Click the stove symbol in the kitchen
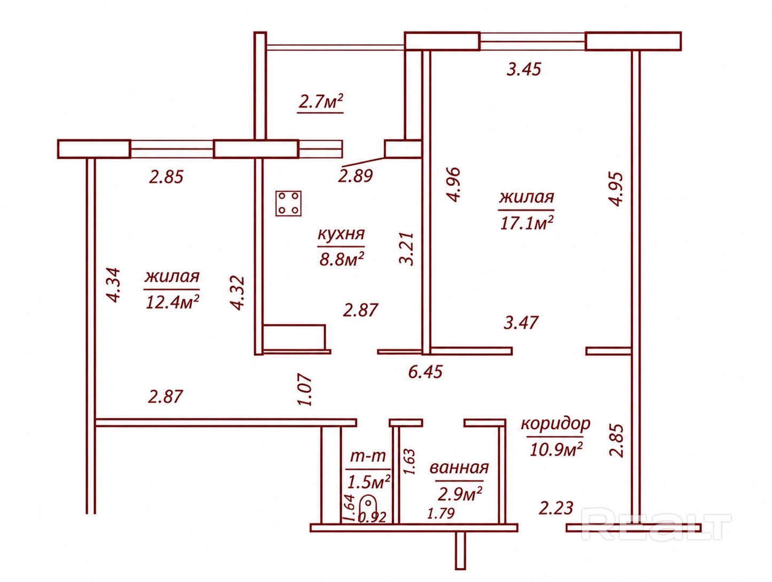pyautogui.click(x=288, y=203)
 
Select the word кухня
pyautogui.click(x=341, y=234)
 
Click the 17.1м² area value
pyautogui.click(x=526, y=222)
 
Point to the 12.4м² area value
pyautogui.click(x=172, y=301)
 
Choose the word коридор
pyautogui.click(x=555, y=424)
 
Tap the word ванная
pyautogui.click(x=459, y=468)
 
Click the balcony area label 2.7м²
pyautogui.click(x=320, y=102)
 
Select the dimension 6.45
pyautogui.click(x=425, y=371)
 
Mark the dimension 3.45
pyautogui.click(x=523, y=69)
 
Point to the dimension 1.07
pyautogui.click(x=305, y=390)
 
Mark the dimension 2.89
pyautogui.click(x=355, y=176)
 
